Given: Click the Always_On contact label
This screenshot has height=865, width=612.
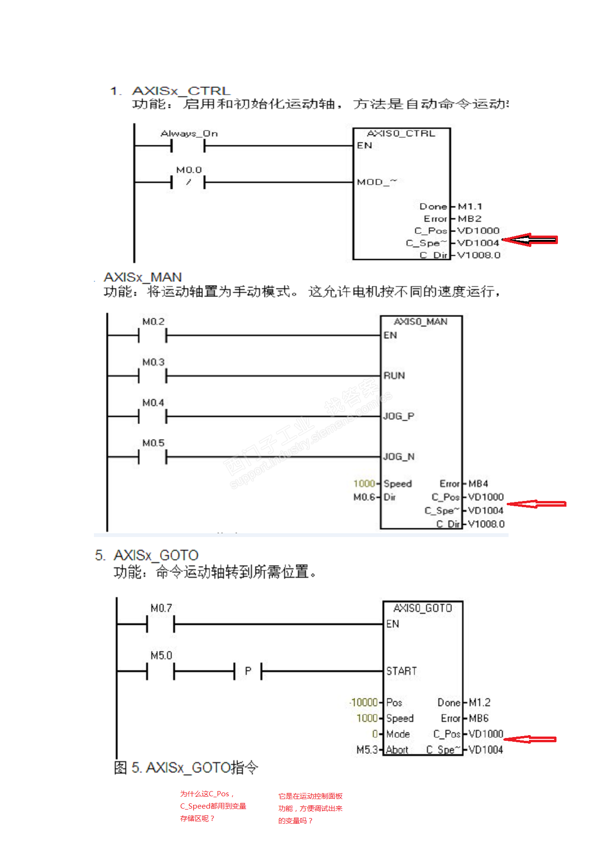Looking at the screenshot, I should coord(189,134).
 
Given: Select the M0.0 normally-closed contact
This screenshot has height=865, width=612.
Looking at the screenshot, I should coord(188,182).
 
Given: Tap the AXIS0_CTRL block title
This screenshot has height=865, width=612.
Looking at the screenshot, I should coord(401,134).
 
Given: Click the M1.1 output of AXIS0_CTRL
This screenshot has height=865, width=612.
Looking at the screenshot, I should coord(470,207).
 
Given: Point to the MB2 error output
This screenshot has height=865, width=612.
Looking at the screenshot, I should coord(469,219).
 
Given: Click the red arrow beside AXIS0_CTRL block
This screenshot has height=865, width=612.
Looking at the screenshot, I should coord(529,240).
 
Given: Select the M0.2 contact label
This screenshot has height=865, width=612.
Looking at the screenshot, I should coord(153,322).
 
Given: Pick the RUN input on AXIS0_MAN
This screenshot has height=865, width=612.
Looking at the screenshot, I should coord(394,376).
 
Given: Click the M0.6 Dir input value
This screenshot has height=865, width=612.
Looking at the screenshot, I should coord(364,497).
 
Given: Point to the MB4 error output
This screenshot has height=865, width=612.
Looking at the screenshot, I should coord(478,484).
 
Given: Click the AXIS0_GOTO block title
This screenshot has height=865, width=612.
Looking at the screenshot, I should coord(422,608).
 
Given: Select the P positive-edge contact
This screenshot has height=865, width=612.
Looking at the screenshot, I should coord(248,671).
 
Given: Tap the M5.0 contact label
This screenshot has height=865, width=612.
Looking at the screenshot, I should coord(161,656).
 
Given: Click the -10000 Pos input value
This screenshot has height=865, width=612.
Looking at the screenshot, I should coord(364,702).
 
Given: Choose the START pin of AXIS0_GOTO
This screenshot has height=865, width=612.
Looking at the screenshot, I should coord(401,671).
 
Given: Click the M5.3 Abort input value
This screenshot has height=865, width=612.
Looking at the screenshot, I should coord(367,750).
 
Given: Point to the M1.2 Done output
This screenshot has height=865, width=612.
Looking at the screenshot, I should coord(480,702).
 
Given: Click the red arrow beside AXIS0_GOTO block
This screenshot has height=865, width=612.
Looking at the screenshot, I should coord(530,739).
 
